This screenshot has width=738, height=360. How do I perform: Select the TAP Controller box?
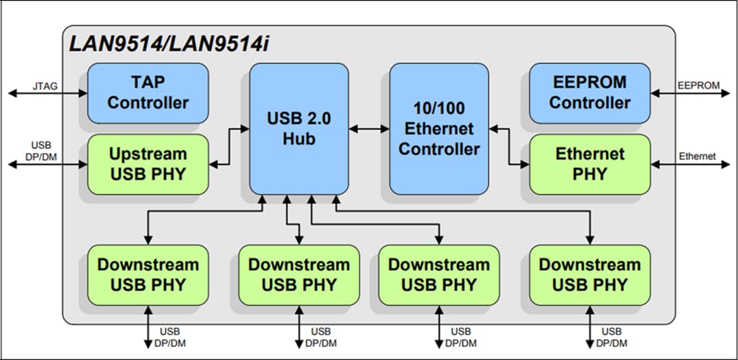click(x=148, y=93)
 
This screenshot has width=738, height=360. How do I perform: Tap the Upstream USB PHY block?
click(x=148, y=164)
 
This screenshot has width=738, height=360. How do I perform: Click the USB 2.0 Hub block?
click(x=299, y=128)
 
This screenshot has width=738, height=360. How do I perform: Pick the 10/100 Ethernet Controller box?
click(x=439, y=128)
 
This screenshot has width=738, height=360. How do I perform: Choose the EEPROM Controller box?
click(x=590, y=93)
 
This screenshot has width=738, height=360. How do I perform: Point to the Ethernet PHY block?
click(x=590, y=164)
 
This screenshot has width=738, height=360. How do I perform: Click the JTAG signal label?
click(x=44, y=87)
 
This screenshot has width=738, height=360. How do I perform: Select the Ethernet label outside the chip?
click(x=697, y=156)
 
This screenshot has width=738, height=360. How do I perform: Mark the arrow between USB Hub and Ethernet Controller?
click(x=368, y=128)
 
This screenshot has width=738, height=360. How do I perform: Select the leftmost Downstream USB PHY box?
click(x=148, y=275)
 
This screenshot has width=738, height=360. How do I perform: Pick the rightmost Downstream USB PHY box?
click(x=590, y=275)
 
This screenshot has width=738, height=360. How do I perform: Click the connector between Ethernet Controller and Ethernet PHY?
click(x=510, y=146)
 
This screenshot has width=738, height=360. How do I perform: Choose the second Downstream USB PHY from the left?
click(x=299, y=275)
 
